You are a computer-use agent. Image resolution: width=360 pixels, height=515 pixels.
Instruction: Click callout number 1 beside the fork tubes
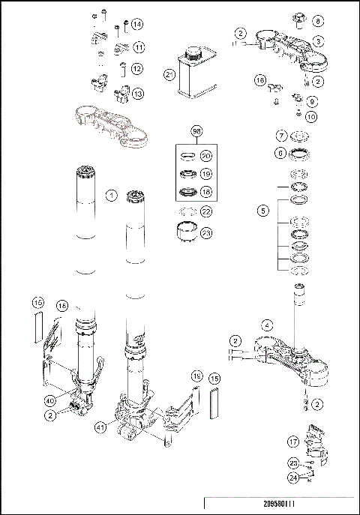tap(111, 196)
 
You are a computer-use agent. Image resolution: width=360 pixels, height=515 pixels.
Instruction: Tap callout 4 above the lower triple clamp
tap(267, 325)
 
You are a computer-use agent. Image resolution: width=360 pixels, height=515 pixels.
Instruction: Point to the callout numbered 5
tap(262, 211)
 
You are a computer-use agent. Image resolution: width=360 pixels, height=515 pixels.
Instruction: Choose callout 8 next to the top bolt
tap(317, 22)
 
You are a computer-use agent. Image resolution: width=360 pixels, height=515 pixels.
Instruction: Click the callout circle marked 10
tap(312, 116)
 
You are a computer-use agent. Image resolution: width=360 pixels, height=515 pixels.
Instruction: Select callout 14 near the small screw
tap(137, 25)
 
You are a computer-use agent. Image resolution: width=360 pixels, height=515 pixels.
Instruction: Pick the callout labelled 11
tap(139, 48)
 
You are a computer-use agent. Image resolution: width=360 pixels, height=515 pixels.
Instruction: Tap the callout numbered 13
tap(139, 94)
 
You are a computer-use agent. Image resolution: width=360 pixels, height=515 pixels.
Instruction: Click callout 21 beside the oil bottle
tap(169, 74)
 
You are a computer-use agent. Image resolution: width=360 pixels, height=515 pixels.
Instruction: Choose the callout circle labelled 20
tap(205, 155)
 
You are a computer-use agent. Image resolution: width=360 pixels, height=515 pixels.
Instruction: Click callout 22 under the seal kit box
tap(205, 212)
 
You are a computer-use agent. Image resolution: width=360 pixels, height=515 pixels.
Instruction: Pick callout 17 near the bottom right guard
tap(294, 443)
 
